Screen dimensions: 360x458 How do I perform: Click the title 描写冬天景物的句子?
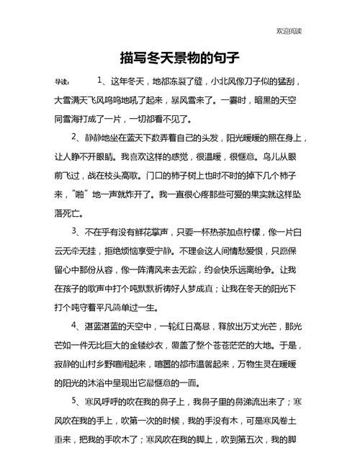click(x=179, y=57)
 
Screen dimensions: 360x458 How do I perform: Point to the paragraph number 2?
click(x=76, y=136)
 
